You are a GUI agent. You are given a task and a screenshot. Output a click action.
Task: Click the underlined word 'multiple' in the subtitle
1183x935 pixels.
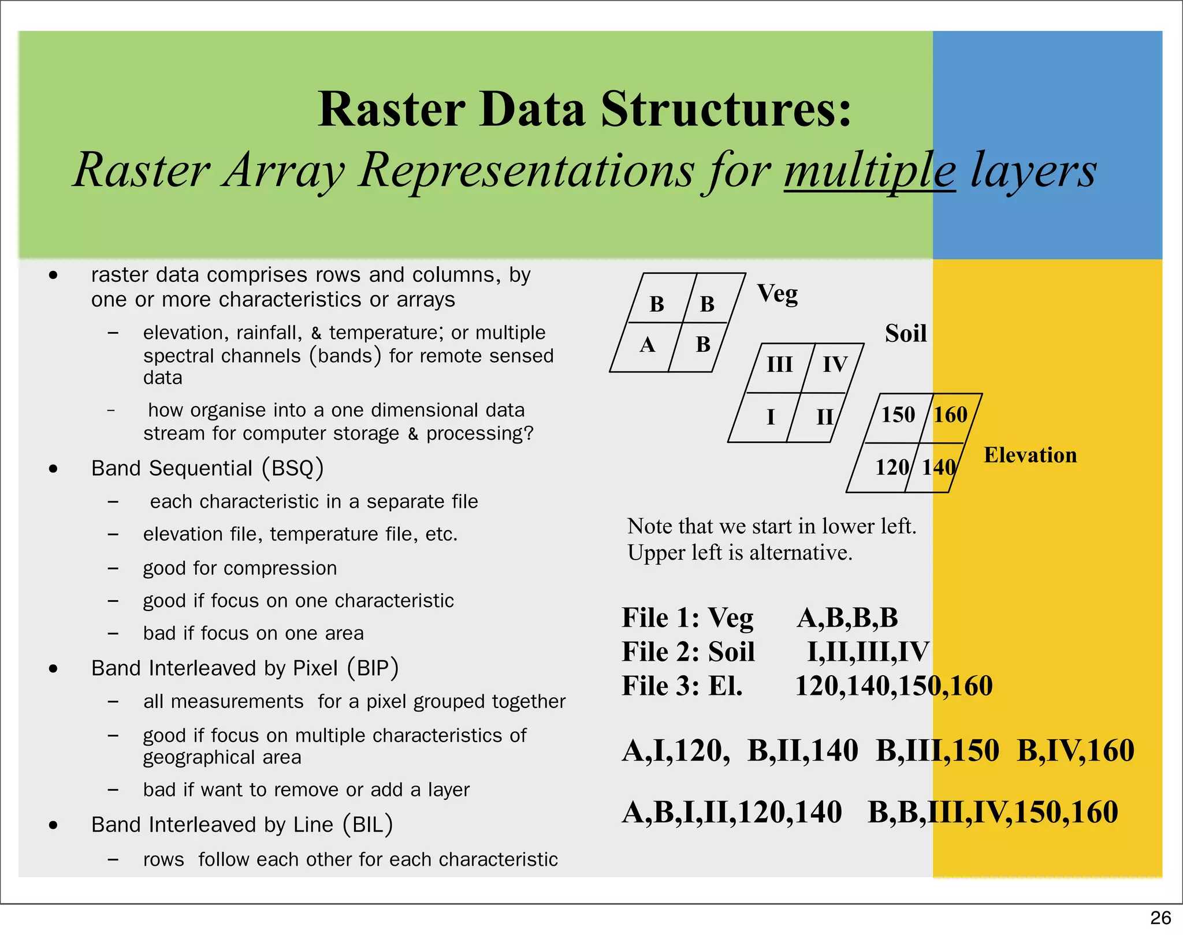coord(869,170)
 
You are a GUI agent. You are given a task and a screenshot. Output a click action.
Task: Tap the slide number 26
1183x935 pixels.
coord(1160,918)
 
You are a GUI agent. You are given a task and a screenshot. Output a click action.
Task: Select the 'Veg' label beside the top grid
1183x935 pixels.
coord(777,293)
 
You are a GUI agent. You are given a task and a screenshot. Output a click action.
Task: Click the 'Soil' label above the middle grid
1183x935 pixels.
coord(906,333)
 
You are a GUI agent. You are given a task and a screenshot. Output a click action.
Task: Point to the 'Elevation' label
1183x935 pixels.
coord(1031,455)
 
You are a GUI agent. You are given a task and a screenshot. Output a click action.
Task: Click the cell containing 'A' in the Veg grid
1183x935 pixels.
coord(647,345)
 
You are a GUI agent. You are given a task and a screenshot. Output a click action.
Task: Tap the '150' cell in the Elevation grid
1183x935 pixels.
coord(898,415)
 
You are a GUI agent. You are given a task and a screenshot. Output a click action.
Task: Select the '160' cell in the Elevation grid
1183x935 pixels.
coord(951,415)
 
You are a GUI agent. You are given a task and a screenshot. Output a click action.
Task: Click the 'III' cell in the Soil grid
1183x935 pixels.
coord(779,364)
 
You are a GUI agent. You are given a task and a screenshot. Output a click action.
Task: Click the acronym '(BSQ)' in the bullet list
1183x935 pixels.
coord(293,468)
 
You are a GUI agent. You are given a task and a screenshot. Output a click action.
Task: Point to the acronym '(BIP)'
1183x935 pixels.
coord(373,668)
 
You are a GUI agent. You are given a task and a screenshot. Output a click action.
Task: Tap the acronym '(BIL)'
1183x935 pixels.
coord(368,824)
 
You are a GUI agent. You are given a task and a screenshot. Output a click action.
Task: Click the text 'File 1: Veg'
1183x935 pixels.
coord(687,618)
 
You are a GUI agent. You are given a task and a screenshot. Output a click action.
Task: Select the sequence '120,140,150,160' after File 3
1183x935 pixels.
coord(894,686)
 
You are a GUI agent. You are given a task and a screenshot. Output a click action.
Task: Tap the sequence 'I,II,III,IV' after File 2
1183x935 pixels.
coord(868,652)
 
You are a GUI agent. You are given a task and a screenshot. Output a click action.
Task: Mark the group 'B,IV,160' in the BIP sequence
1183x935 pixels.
coord(1076,751)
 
